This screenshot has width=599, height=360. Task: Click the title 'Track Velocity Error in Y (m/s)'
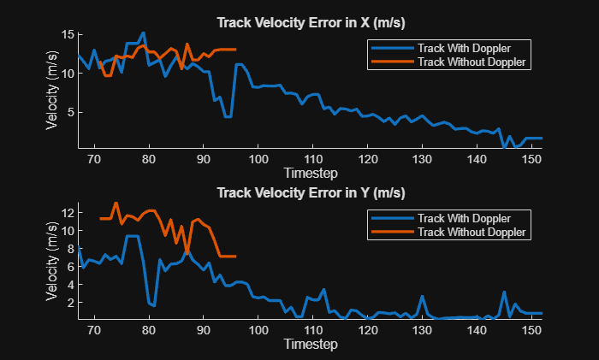pyautogui.click(x=310, y=192)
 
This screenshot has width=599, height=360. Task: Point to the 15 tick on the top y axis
pyautogui.click(x=67, y=34)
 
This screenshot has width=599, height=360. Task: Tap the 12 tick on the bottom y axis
pyautogui.click(x=67, y=211)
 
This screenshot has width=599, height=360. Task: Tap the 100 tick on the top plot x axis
pyautogui.click(x=258, y=159)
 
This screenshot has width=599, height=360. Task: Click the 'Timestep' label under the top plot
pyautogui.click(x=310, y=172)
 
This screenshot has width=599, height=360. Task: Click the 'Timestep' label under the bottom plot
pyautogui.click(x=310, y=344)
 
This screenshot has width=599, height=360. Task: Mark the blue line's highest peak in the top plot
pyautogui.click(x=143, y=33)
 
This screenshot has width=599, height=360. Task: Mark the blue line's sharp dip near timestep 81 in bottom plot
pyautogui.click(x=154, y=305)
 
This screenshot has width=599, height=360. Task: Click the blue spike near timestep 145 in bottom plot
pyautogui.click(x=504, y=292)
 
